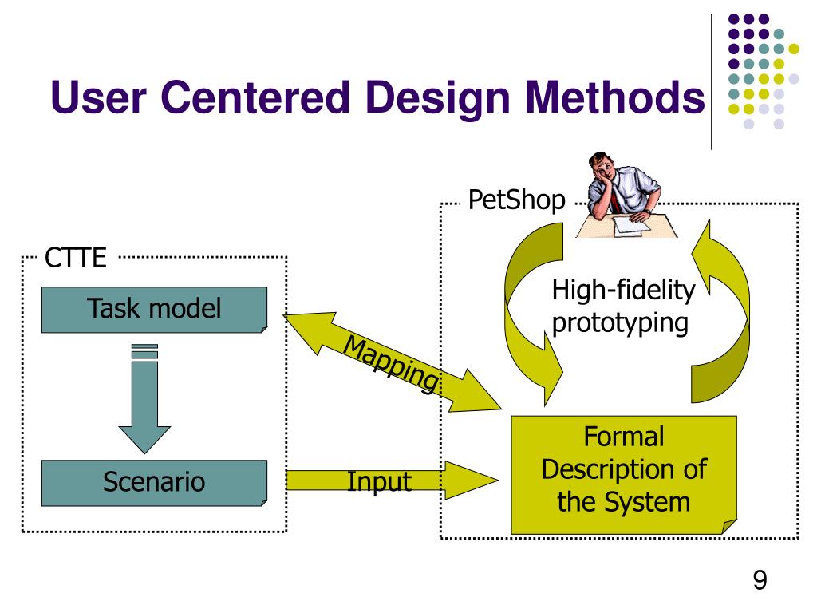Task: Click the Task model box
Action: click(x=154, y=308)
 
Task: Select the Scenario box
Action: click(x=154, y=481)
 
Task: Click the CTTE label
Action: click(x=75, y=258)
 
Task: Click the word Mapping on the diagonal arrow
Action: click(x=391, y=364)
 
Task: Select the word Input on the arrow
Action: click(x=379, y=481)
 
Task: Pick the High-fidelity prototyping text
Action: click(x=622, y=307)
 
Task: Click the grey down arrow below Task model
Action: click(x=144, y=399)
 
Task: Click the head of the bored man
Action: click(x=605, y=169)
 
